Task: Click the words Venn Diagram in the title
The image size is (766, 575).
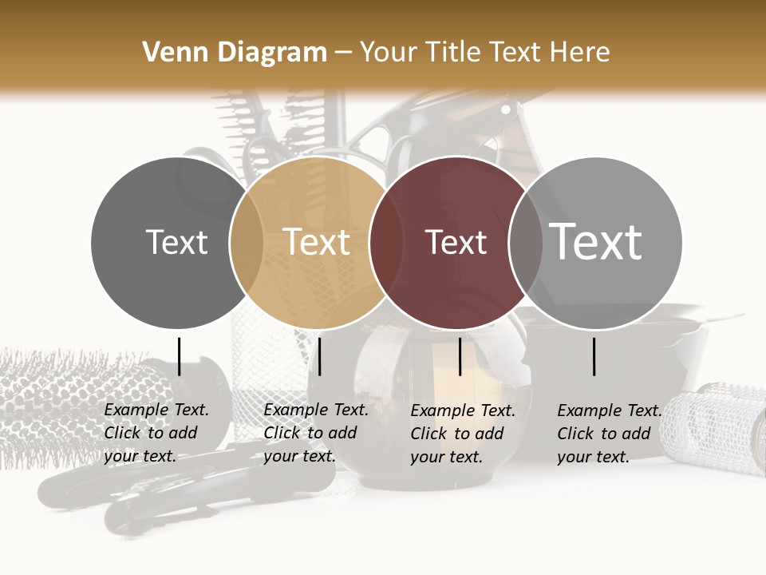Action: click(235, 53)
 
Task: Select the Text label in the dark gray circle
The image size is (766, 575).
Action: click(176, 243)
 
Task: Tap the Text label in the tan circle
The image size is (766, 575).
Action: click(316, 243)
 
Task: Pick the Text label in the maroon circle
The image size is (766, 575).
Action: click(456, 243)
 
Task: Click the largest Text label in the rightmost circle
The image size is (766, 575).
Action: click(596, 241)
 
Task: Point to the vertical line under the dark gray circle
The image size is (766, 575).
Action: click(179, 356)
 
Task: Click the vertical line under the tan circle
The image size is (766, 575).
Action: click(319, 356)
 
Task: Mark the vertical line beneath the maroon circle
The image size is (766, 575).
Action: click(460, 356)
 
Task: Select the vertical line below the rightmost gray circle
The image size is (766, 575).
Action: click(594, 356)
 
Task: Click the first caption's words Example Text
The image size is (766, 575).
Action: click(156, 410)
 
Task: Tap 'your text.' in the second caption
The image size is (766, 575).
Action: click(299, 456)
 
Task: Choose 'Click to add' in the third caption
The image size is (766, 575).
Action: click(456, 434)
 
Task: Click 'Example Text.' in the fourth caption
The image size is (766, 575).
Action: click(610, 410)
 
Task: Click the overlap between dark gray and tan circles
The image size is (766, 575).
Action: click(246, 243)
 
